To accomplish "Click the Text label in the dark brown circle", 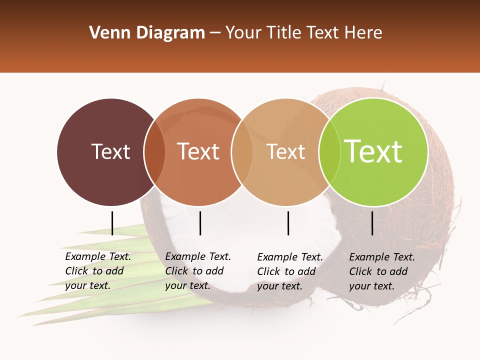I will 110,151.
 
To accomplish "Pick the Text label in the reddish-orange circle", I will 198,151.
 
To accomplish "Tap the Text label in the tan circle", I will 285,151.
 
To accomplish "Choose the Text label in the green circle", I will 373,151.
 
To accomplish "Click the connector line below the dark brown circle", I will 112,223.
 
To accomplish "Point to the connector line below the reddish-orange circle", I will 200,223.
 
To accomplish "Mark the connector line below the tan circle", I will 288,223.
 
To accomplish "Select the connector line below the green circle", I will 372,223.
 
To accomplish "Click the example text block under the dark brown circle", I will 98,271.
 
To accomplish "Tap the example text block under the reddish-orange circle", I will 198,271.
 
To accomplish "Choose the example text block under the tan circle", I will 290,271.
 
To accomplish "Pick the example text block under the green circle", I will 382,271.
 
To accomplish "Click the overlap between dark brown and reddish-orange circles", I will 154,151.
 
